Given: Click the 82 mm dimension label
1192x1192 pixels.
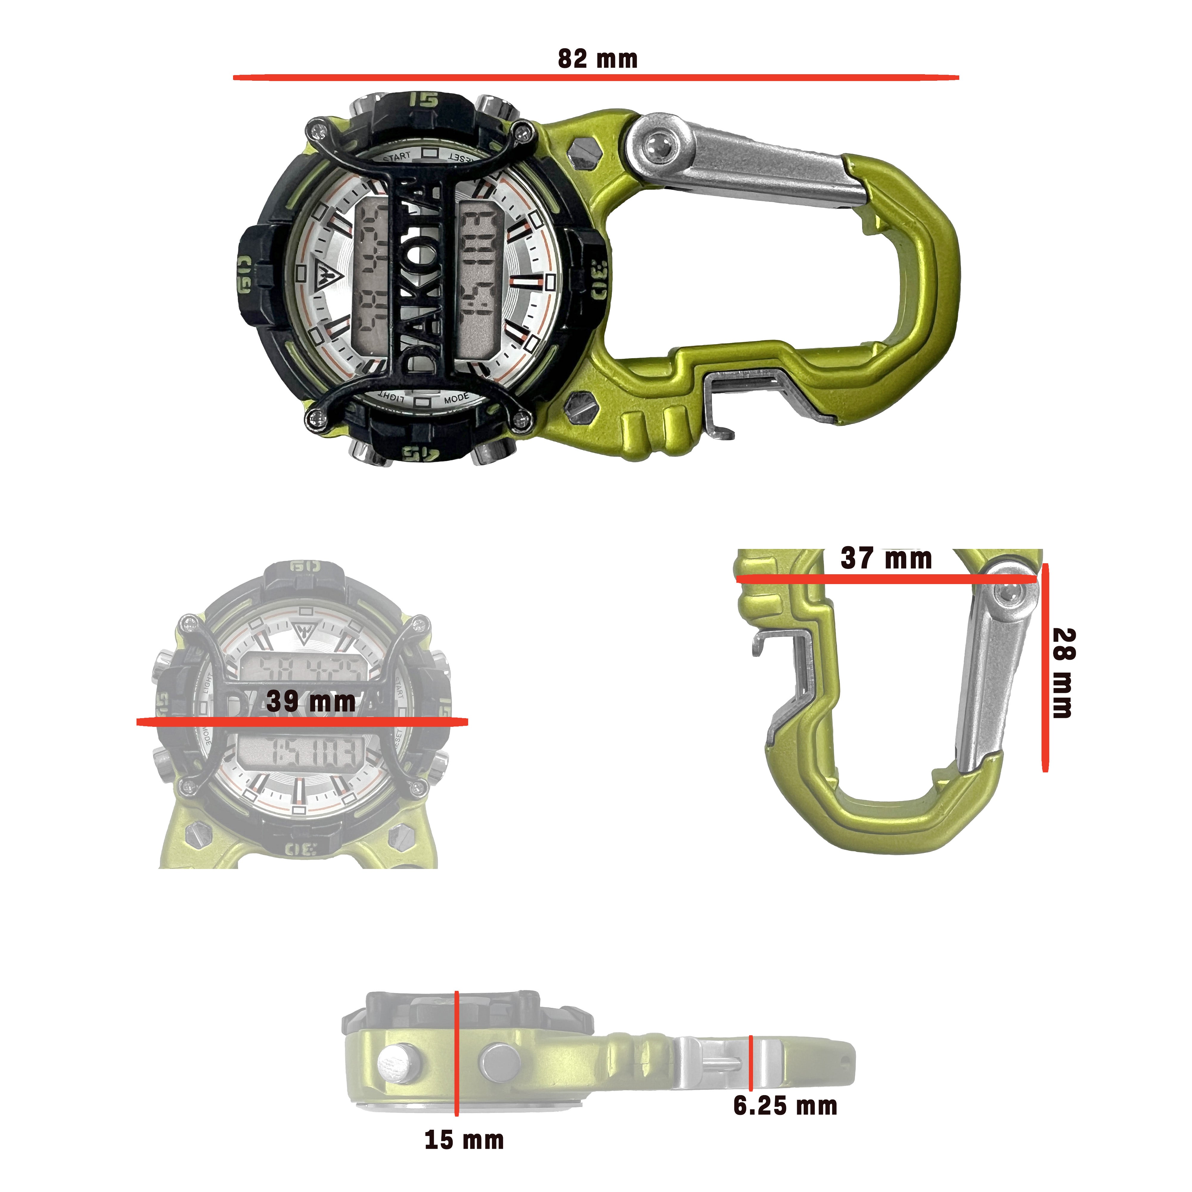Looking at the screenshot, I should pos(597,59).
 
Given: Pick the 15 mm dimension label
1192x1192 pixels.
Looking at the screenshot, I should pos(464,1140).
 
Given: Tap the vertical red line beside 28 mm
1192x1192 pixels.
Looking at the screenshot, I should pos(1044,666).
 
